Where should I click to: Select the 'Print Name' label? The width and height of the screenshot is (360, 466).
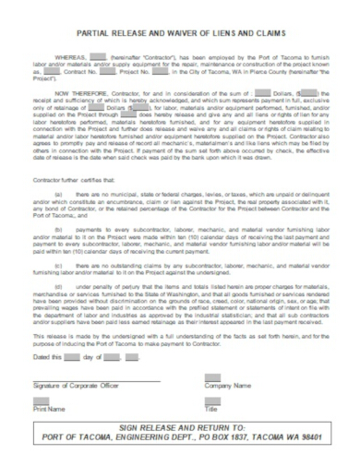coord(49,408)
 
